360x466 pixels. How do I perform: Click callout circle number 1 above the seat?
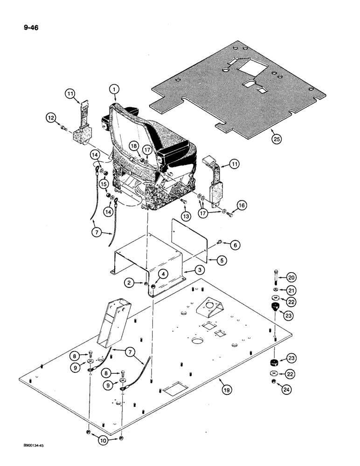[x=114, y=88]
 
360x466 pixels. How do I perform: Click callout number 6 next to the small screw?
[x=235, y=245]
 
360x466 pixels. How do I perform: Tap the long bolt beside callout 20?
[x=276, y=279]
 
